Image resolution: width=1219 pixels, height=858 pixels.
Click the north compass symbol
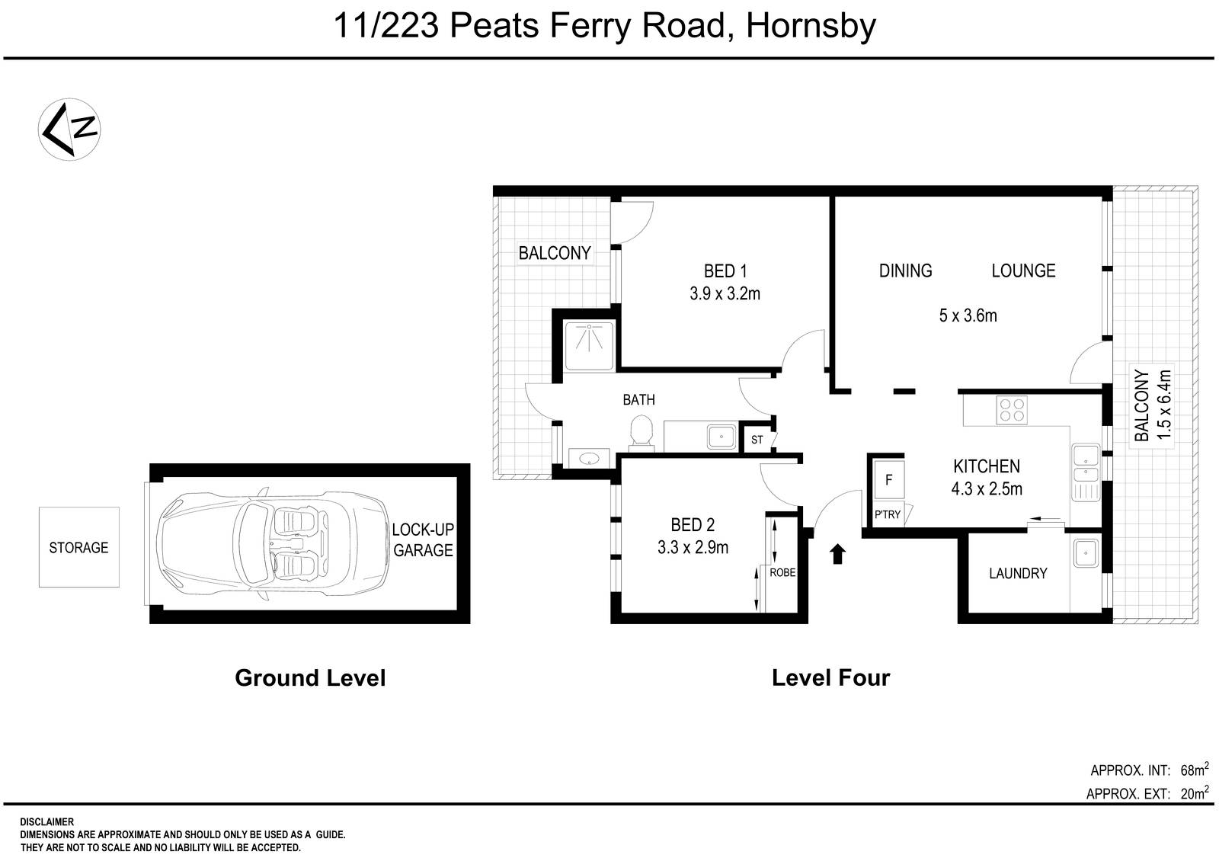71,128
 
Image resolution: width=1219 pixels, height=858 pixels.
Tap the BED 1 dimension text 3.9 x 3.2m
725,293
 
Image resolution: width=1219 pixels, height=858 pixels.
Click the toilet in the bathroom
641,431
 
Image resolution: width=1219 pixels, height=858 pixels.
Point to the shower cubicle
589,345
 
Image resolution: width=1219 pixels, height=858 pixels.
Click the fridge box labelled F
888,481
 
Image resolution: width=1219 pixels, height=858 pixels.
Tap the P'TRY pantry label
887,514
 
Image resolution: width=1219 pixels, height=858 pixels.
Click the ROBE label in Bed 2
782,572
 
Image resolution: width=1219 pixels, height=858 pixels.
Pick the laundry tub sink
1084,553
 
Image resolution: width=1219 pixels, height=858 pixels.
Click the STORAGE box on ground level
79,547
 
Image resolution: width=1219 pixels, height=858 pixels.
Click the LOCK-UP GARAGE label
423,540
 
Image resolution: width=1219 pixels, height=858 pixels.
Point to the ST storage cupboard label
757,440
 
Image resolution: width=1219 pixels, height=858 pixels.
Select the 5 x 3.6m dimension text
968,315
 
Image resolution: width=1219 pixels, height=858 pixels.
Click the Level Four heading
830,677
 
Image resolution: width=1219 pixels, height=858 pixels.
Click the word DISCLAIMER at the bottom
47,822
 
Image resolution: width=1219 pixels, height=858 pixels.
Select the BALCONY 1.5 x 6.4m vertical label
1151,405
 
